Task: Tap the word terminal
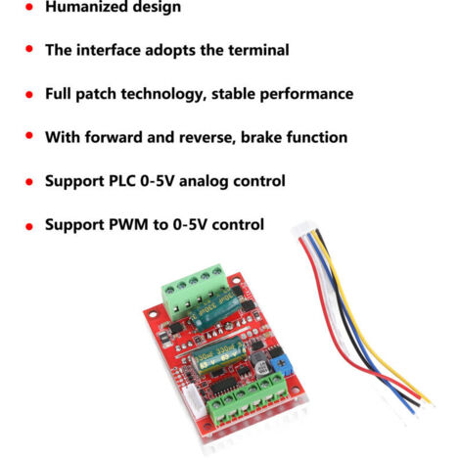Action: (258, 50)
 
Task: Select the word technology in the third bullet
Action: (163, 95)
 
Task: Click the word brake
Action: (261, 137)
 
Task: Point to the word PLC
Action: (121, 181)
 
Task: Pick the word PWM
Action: (128, 225)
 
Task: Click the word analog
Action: (204, 182)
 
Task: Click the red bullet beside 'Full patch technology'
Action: (29, 95)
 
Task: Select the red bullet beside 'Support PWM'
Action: (29, 226)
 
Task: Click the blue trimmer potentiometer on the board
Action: (281, 364)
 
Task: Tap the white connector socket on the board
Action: (191, 400)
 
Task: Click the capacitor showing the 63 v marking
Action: (218, 355)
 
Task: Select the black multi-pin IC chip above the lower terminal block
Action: (225, 385)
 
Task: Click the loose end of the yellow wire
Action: (431, 402)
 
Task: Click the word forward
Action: (114, 137)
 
